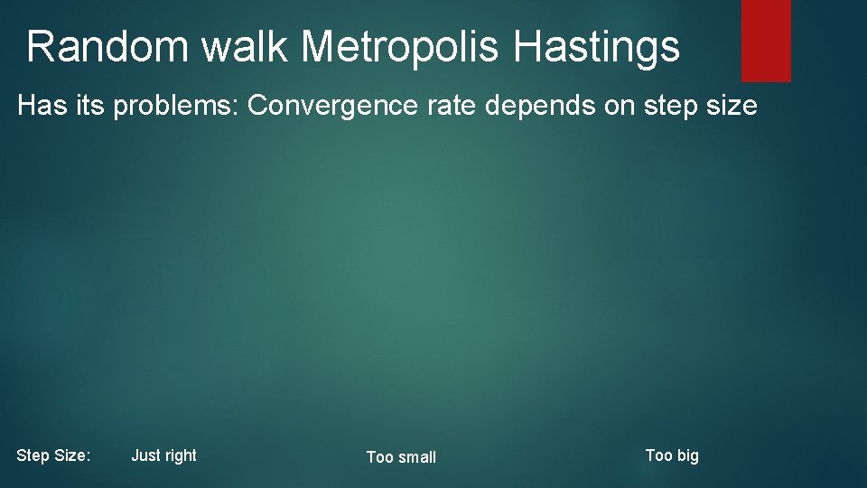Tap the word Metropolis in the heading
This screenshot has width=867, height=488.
(400, 47)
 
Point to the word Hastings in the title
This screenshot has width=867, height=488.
(597, 47)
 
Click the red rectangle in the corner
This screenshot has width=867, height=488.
(766, 40)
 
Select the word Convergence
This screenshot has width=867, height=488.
(341, 107)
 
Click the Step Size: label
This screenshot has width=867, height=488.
(53, 456)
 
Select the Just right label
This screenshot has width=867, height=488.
(163, 455)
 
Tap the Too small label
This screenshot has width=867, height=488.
(401, 457)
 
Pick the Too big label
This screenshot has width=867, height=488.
(672, 455)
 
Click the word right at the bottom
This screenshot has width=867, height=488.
(180, 455)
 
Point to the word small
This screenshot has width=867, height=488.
(415, 457)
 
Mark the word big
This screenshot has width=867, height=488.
(686, 455)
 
